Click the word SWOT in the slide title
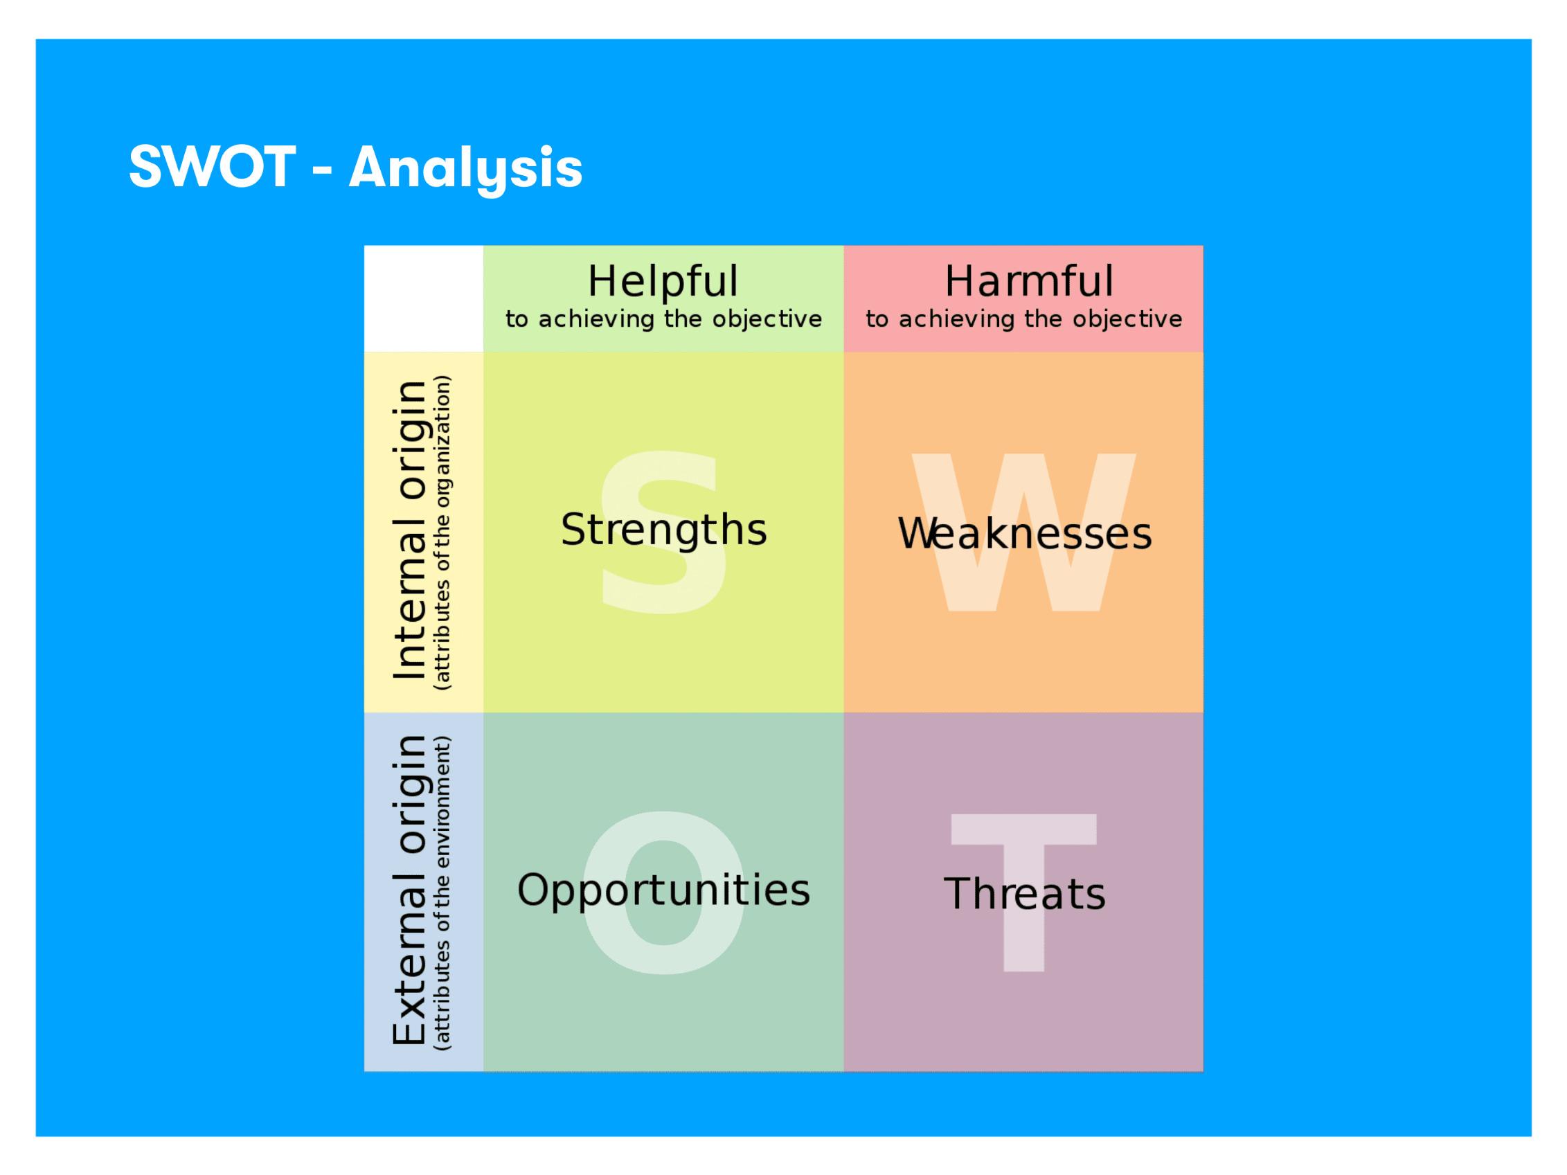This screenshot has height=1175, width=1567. click(x=212, y=167)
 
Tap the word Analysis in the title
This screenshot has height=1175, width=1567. click(x=465, y=170)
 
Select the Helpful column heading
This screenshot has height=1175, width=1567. click(x=663, y=281)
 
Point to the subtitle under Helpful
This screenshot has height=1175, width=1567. click(x=663, y=319)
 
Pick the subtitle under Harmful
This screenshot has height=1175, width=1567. click(x=1023, y=319)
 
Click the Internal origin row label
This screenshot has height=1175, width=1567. click(x=409, y=531)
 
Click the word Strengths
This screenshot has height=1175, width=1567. click(x=663, y=530)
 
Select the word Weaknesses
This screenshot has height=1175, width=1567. click(x=1024, y=533)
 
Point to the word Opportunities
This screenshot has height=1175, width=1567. click(x=663, y=890)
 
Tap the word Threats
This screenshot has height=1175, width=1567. click(x=1024, y=894)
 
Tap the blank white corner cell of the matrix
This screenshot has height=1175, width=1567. click(x=424, y=298)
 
